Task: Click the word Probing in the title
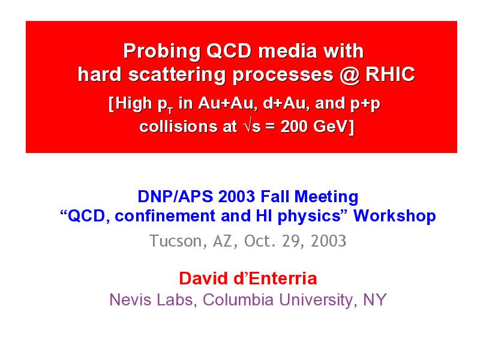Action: pos(161,52)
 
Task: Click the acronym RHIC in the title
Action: pos(390,74)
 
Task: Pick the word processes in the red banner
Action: pos(283,76)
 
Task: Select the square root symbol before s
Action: pos(248,126)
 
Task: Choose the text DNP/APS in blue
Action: pos(175,197)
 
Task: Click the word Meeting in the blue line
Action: pos(326,197)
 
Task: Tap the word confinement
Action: pos(165,216)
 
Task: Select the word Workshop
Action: pos(395,216)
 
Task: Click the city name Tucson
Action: pos(175,241)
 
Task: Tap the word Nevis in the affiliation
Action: pos(131,299)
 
